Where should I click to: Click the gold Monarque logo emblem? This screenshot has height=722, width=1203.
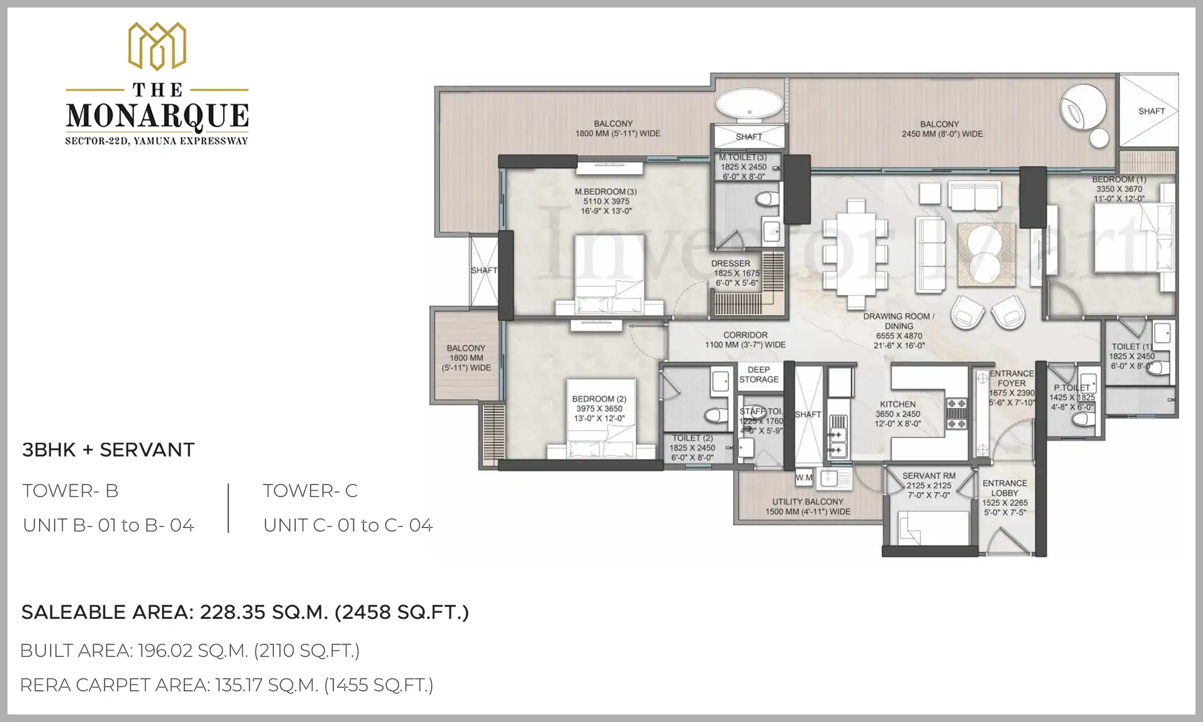point(157,46)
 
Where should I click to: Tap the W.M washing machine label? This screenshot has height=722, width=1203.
point(804,478)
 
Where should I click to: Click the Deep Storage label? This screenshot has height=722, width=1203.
point(759,375)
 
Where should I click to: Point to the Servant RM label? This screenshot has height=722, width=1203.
point(929,476)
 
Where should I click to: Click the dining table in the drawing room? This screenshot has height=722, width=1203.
point(856,254)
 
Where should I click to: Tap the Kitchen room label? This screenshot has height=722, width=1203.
point(898,404)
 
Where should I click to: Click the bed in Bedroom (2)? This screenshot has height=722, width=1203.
point(601,431)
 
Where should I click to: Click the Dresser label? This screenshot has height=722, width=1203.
point(731,264)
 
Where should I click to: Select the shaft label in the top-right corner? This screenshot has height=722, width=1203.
point(1151,111)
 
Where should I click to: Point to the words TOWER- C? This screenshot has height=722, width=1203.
point(310,491)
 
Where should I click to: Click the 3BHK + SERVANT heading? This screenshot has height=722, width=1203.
point(108,450)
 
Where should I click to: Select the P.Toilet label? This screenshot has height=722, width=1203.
point(1072,388)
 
